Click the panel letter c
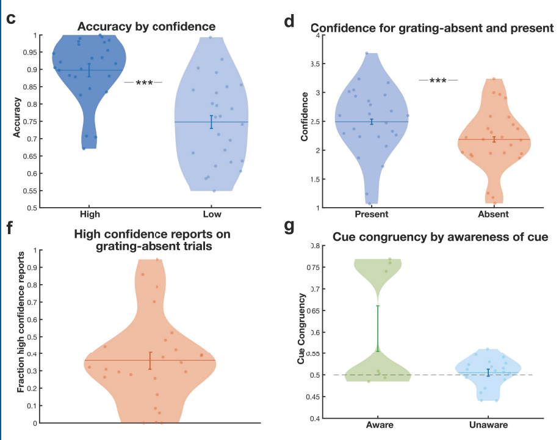click(x=10, y=18)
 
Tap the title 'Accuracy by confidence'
click(x=146, y=27)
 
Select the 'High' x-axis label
click(x=90, y=215)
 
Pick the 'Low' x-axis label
click(x=212, y=215)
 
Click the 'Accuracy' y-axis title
click(x=17, y=121)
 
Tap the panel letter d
click(x=289, y=23)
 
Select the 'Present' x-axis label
click(x=371, y=215)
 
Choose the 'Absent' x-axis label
click(x=494, y=215)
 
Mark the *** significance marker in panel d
click(x=438, y=81)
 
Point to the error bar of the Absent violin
click(x=494, y=139)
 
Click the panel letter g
click(x=289, y=227)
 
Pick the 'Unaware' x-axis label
click(x=489, y=425)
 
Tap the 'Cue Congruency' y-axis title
click(x=301, y=329)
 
